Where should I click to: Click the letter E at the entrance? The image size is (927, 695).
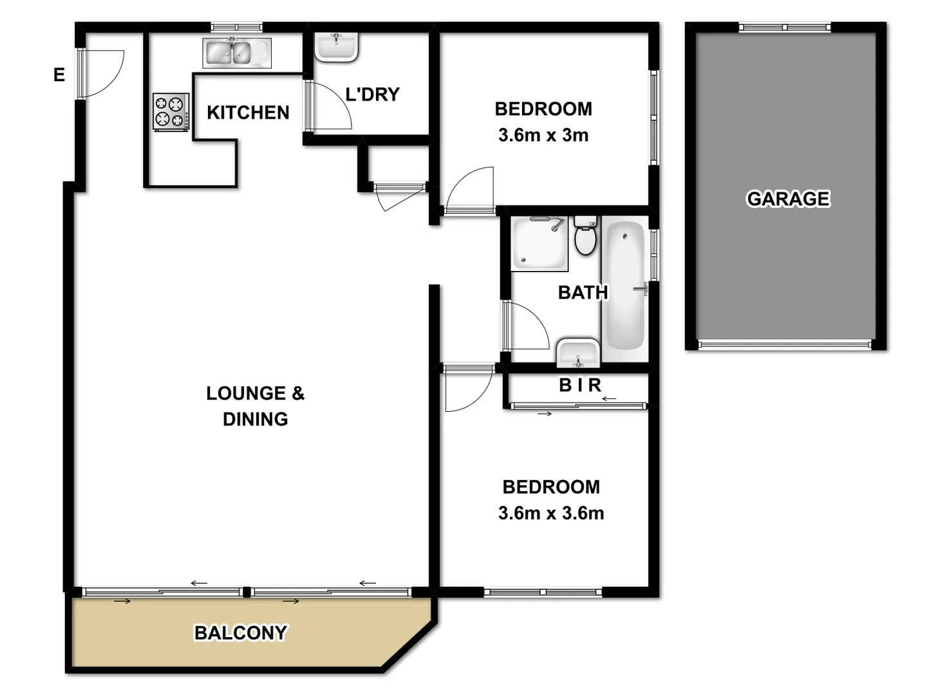tap(59, 75)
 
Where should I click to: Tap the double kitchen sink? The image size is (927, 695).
tap(236, 53)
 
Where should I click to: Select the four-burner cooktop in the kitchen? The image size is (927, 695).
tap(171, 111)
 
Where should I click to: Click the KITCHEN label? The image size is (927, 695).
tap(248, 113)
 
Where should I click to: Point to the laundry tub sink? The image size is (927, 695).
tap(335, 47)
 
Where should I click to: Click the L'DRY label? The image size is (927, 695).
tap(372, 95)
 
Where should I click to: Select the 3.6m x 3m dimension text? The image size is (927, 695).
tap(543, 135)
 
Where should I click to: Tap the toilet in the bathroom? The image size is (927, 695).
tap(585, 236)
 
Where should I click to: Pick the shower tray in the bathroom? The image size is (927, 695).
tap(539, 243)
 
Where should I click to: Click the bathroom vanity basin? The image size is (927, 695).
tap(577, 353)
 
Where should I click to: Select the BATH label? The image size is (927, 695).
tap(583, 293)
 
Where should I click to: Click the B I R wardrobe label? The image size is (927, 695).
tap(579, 385)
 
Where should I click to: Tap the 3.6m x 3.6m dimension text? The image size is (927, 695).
tap(551, 513)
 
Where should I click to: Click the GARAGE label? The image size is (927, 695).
tap(788, 199)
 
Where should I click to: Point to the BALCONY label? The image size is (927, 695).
tap(241, 633)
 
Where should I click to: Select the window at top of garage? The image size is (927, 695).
tap(784, 27)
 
